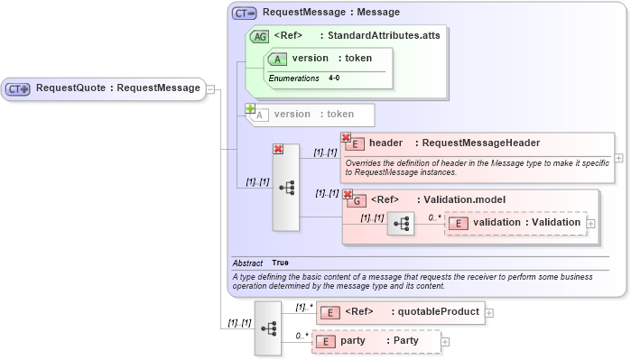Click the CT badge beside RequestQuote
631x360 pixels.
[18, 88]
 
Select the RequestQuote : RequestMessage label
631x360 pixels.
[117, 88]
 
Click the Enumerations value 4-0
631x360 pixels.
[334, 78]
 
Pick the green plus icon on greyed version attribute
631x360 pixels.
[250, 108]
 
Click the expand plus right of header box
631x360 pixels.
[618, 157]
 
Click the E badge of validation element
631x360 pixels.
[459, 223]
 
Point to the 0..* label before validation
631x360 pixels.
[434, 217]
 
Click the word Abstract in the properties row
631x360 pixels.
[247, 263]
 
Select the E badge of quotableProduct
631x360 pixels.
[330, 312]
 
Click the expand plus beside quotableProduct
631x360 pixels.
[489, 313]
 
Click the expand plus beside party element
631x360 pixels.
[445, 342]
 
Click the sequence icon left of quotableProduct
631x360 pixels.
[268, 328]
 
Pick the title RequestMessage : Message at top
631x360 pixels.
[330, 13]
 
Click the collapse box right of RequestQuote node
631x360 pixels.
[209, 88]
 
